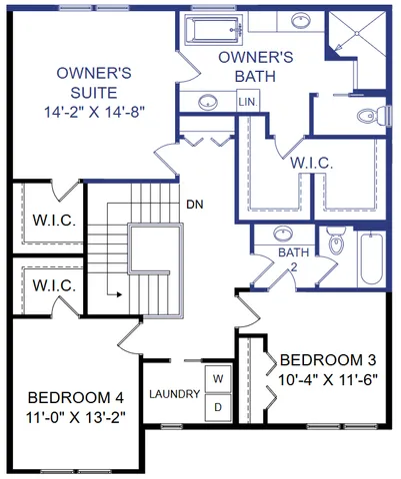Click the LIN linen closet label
coord(247,103)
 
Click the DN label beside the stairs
coord(196,205)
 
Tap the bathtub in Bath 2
coord(370,258)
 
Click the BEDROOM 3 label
coord(329,359)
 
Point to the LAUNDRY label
coord(176,393)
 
